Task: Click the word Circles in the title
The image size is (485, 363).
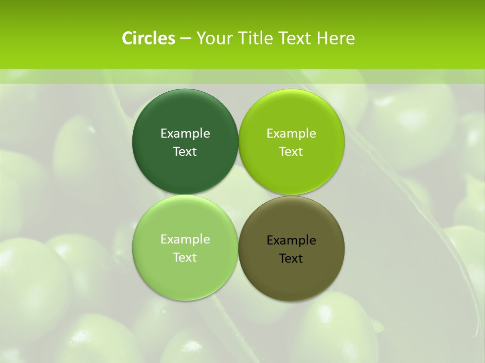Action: (x=149, y=38)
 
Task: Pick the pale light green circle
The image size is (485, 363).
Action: (x=185, y=277)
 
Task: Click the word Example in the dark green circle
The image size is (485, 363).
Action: (x=185, y=134)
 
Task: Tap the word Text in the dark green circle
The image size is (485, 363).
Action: (x=185, y=152)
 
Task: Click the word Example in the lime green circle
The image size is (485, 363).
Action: (x=291, y=134)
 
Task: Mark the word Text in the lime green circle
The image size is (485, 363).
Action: (x=291, y=152)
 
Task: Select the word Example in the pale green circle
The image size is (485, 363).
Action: (x=185, y=239)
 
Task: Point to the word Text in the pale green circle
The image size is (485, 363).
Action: (x=185, y=258)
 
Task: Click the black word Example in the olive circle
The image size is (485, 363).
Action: (x=291, y=240)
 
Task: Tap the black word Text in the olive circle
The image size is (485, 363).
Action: (x=291, y=259)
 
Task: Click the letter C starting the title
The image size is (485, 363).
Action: (x=127, y=38)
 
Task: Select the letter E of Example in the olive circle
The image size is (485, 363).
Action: (x=270, y=240)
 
